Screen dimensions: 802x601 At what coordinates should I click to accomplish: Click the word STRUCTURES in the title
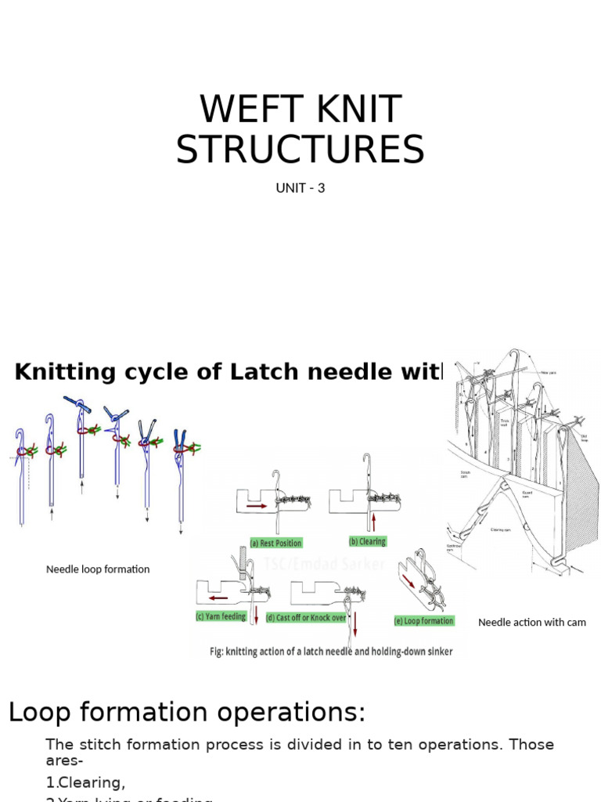tap(300, 150)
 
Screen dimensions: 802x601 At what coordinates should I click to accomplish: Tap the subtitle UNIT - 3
tap(300, 188)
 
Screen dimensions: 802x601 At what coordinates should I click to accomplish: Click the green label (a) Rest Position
tap(275, 543)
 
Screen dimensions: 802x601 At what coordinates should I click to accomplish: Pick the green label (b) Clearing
tap(367, 541)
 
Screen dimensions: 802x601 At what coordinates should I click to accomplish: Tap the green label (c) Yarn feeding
tap(221, 616)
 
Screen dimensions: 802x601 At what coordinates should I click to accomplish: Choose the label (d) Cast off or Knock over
tap(306, 618)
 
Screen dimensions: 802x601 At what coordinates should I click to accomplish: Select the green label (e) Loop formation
tap(424, 620)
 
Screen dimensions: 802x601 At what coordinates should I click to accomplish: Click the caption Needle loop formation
tap(98, 569)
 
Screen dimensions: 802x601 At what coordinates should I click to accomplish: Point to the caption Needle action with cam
tap(531, 622)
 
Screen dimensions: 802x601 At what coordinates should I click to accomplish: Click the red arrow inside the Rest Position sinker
tap(257, 506)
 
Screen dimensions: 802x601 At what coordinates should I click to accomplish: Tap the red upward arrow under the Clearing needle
tap(375, 523)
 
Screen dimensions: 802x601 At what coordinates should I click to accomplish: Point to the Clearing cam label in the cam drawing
tap(501, 529)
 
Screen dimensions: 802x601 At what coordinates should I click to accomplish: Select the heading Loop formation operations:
tap(187, 712)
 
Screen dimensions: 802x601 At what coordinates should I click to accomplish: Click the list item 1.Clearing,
tap(85, 782)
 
